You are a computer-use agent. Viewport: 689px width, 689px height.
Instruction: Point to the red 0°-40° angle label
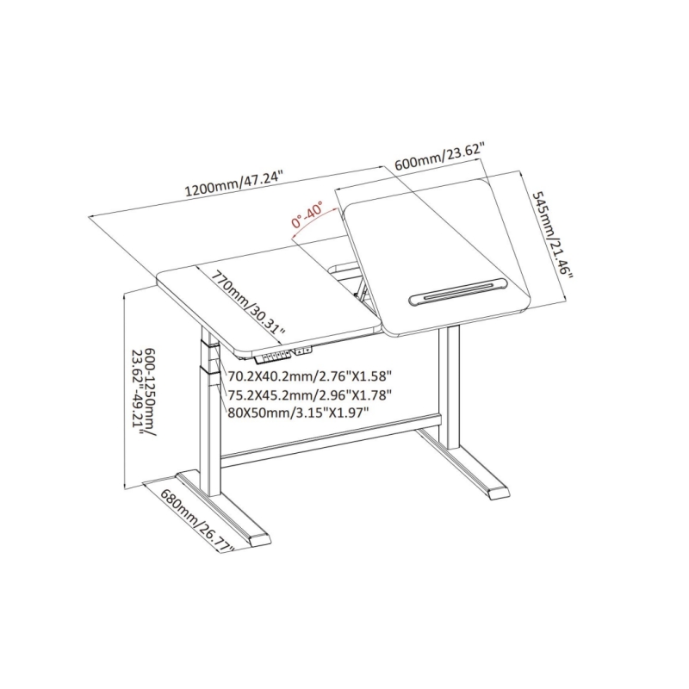coord(307,214)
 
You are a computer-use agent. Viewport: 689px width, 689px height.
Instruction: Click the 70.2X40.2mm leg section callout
coord(310,376)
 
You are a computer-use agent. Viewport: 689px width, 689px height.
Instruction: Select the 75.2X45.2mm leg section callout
coord(310,394)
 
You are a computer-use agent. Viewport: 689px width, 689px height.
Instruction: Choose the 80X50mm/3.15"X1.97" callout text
coord(298,413)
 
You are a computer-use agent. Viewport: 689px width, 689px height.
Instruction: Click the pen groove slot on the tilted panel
coord(458,291)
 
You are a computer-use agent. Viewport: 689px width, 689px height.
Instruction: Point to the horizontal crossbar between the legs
coord(330,440)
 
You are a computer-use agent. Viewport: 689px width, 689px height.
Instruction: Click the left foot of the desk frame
coord(224,509)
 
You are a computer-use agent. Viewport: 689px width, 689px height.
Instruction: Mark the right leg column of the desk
coord(449,388)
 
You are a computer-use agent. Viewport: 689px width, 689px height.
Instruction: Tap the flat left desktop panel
coord(268,307)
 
